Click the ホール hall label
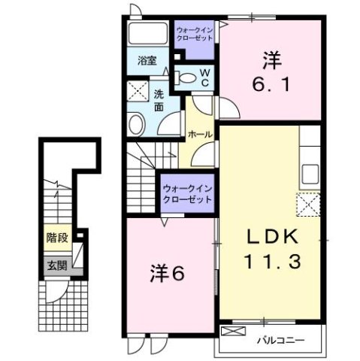[x=198, y=133]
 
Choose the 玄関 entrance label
[x=56, y=265]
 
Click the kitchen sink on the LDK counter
[x=310, y=174]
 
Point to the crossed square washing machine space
[x=138, y=91]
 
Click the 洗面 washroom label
[x=159, y=101]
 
